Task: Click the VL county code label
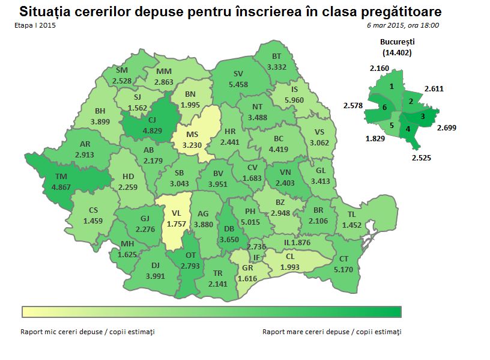coord(176,213)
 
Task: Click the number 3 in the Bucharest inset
coord(423,116)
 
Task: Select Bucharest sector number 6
coord(384,107)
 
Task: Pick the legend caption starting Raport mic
coord(88,331)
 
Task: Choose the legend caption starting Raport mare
coord(331,331)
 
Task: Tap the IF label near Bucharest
coord(256,258)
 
